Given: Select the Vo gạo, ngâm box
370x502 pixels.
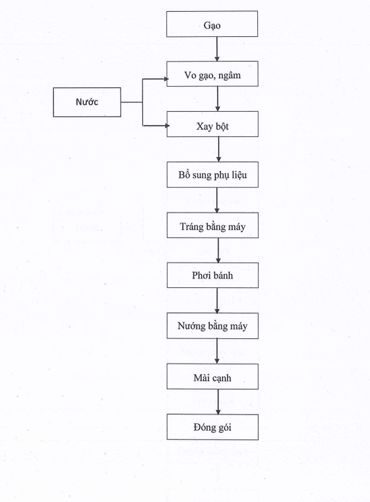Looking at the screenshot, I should [212, 73].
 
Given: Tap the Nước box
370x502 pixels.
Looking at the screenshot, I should [87, 102].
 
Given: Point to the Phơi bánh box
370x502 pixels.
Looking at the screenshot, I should [212, 275].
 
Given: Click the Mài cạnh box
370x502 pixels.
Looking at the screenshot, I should [212, 377].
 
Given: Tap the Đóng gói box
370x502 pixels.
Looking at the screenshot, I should [212, 427].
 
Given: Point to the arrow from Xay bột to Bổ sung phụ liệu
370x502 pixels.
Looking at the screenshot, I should [219, 149].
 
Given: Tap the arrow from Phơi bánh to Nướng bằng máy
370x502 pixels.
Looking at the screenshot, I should [217, 300].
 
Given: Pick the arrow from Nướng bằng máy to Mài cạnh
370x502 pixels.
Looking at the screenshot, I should [217, 351].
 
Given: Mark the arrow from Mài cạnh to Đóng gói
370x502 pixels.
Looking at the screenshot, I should [218, 402].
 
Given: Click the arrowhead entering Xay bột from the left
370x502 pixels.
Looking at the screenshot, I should [163, 124].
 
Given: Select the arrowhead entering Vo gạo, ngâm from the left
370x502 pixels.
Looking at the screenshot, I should [163, 78].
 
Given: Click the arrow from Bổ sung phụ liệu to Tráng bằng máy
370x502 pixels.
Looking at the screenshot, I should [217, 200].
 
